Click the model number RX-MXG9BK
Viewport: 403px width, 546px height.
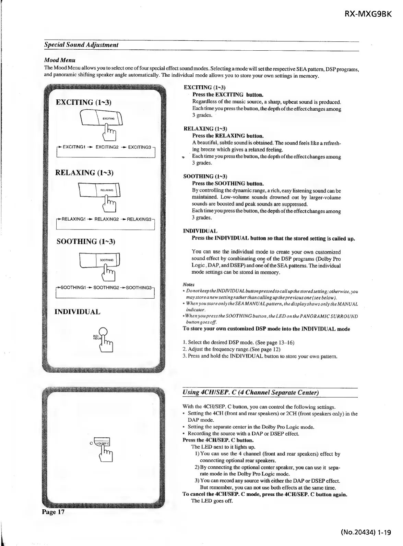coord(367,15)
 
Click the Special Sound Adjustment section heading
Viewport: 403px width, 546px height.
coord(81,45)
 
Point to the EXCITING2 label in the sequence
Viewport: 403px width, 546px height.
coord(107,147)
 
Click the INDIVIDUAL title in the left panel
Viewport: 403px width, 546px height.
coord(78,312)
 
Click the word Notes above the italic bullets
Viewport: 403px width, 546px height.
coord(189,285)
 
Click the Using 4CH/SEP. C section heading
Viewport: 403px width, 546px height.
coord(251,392)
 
